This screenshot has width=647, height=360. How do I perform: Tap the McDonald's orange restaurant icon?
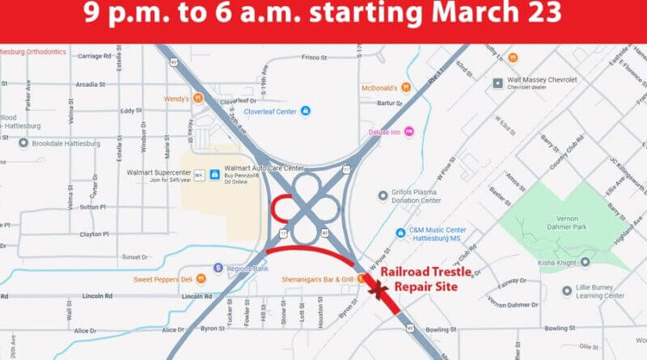click(406, 87)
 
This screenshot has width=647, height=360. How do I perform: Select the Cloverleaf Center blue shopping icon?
click(306, 111)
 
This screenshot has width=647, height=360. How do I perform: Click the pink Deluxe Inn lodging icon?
click(408, 131)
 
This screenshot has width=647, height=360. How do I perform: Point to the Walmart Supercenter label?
click(158, 172)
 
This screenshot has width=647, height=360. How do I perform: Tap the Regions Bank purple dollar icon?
click(218, 268)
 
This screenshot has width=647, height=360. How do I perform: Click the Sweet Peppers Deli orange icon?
click(201, 279)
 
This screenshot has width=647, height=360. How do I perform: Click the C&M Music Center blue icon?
click(401, 233)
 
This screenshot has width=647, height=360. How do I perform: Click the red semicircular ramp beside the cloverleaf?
click(277, 208)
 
